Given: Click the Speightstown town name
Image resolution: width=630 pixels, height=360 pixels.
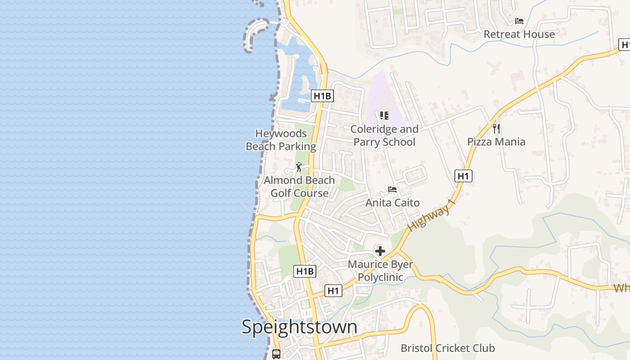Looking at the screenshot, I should pyautogui.click(x=299, y=327).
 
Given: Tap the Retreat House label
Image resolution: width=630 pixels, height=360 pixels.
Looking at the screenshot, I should pyautogui.click(x=519, y=34).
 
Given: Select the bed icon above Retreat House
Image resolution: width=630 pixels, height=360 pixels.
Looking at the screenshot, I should pyautogui.click(x=519, y=21).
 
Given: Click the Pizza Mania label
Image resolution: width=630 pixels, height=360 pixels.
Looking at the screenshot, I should pyautogui.click(x=496, y=142).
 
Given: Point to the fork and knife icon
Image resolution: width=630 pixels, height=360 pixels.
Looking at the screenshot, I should pyautogui.click(x=496, y=129).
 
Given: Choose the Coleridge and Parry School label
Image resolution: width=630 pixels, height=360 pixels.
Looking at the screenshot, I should pyautogui.click(x=384, y=135).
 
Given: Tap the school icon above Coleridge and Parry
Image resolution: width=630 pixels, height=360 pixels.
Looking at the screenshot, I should pyautogui.click(x=384, y=116).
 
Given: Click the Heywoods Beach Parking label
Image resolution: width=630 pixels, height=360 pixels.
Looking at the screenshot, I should pyautogui.click(x=281, y=140).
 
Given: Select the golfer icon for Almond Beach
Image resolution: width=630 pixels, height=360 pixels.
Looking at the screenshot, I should pyautogui.click(x=299, y=167).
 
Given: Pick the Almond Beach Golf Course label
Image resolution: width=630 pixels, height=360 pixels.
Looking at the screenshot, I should pyautogui.click(x=299, y=187).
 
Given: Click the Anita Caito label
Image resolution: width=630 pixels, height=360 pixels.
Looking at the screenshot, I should pyautogui.click(x=392, y=202).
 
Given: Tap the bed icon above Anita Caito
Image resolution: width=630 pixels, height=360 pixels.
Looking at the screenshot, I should pyautogui.click(x=392, y=189).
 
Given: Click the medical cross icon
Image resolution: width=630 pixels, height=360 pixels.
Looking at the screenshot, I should pyautogui.click(x=380, y=251).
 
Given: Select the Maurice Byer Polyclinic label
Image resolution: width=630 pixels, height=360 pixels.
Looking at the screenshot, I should pyautogui.click(x=380, y=270).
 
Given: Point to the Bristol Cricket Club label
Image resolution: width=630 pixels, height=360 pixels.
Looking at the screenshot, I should pyautogui.click(x=448, y=348).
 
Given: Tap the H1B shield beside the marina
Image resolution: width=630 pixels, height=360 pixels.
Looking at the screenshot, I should pyautogui.click(x=322, y=96).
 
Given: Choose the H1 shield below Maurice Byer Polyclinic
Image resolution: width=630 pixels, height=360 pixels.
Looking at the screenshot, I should pyautogui.click(x=333, y=291).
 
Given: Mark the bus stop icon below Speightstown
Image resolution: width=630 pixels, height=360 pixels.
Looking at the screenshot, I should pyautogui.click(x=276, y=354).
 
